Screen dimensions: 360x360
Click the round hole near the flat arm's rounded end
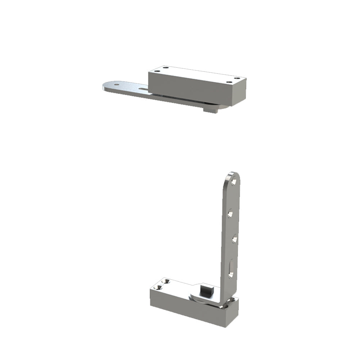coord(116,85)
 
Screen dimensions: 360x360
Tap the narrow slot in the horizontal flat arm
coord(143,89)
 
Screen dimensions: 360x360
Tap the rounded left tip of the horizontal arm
coord(105,86)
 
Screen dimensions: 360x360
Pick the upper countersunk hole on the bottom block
coord(165,282)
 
